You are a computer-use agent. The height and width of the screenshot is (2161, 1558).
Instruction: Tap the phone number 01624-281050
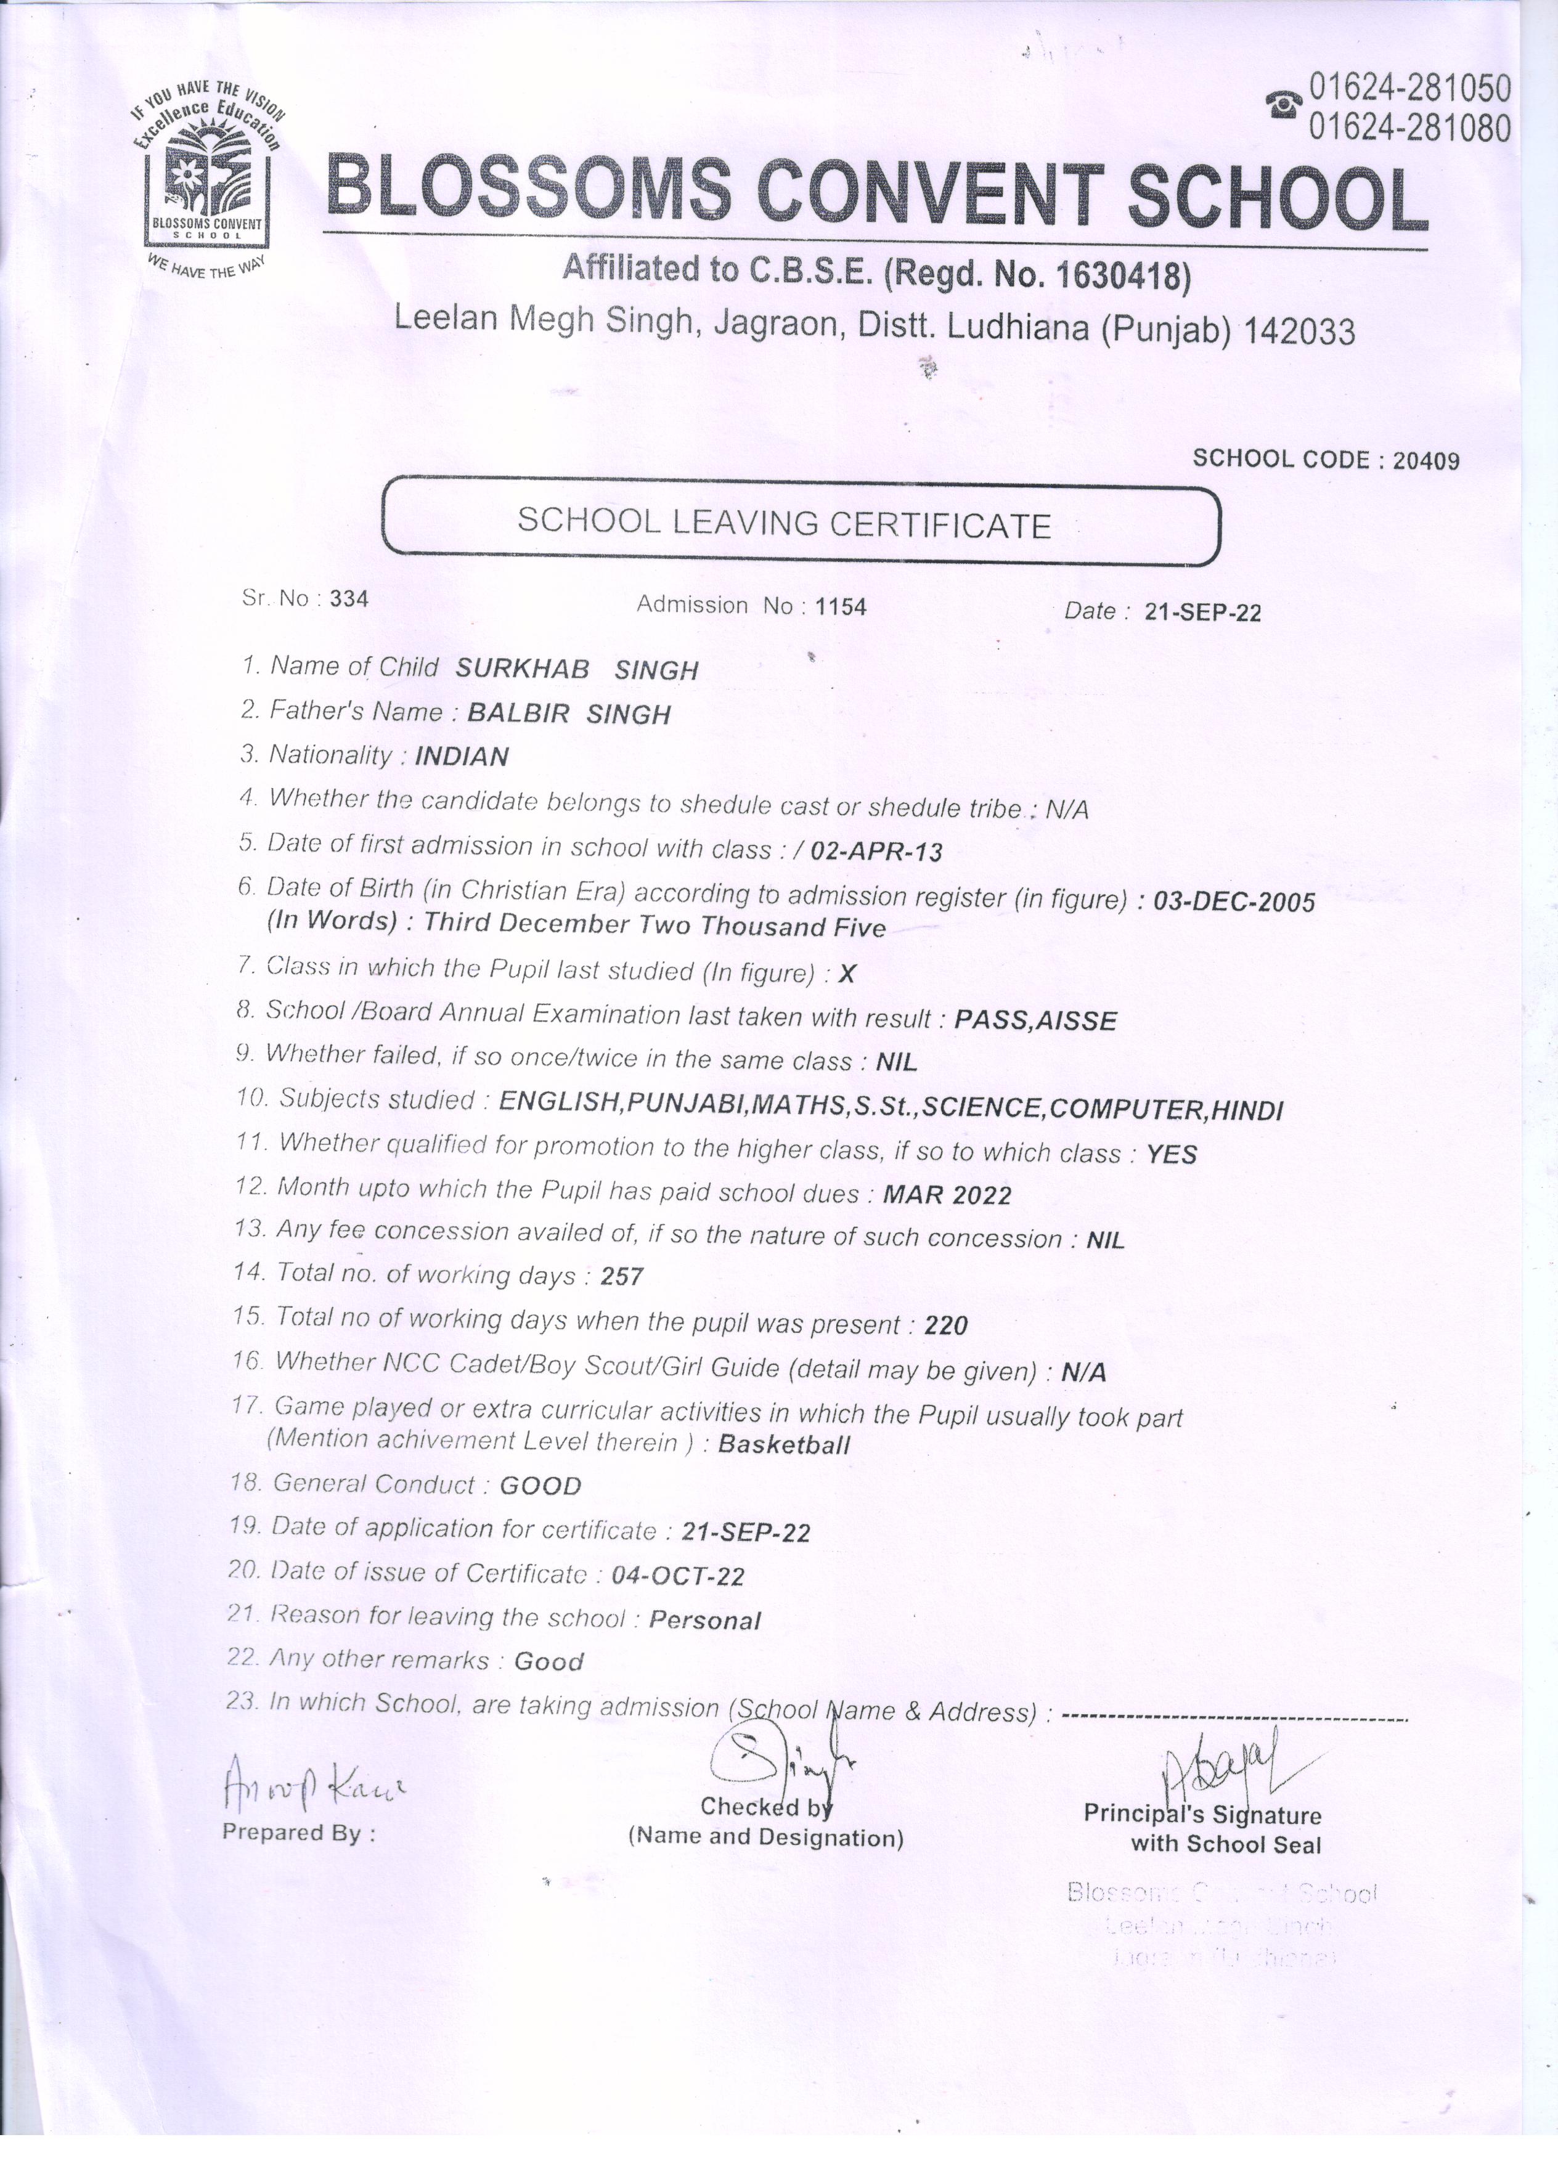[x=1409, y=89]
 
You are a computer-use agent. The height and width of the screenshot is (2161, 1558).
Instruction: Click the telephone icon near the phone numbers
[x=1284, y=104]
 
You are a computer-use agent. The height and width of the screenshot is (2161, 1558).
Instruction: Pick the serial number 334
[x=349, y=598]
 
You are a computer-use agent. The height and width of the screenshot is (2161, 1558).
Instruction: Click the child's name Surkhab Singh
[x=576, y=669]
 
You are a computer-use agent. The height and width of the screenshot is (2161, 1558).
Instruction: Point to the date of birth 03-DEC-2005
[x=1234, y=901]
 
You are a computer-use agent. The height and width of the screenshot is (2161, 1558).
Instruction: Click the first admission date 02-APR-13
[x=876, y=851]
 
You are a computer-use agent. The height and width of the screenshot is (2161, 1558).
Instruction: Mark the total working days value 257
[x=622, y=1276]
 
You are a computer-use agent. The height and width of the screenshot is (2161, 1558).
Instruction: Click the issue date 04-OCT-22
[x=677, y=1576]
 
